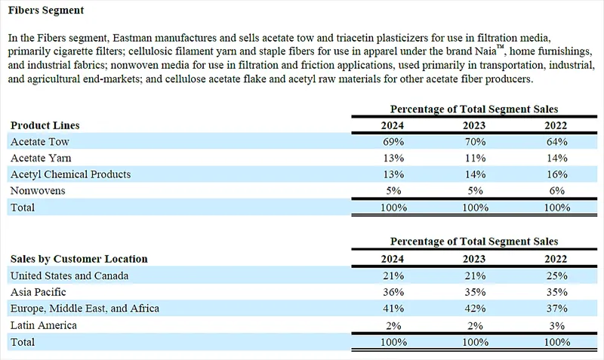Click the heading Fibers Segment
pos(47,11)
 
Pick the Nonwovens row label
pos(38,191)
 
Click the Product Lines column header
pos(45,125)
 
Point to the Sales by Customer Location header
pos(79,259)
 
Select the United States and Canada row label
pos(69,275)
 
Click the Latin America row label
pos(45,325)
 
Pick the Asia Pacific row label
pos(39,292)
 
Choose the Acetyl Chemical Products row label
pos(70,174)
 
